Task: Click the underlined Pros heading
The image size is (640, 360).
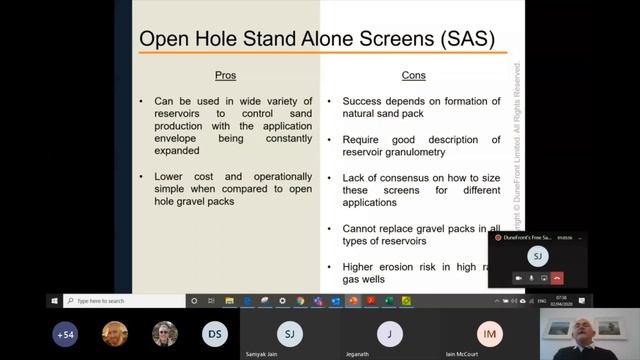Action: coord(226,75)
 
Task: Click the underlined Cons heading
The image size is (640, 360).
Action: coord(413,75)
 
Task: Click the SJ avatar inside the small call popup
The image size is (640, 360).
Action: coord(538,256)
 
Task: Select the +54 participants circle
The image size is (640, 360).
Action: coord(66,334)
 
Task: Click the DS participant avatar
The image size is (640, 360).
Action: coord(214,334)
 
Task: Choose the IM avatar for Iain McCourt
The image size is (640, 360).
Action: coord(489,334)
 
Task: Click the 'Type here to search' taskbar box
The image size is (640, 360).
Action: coord(120,300)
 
